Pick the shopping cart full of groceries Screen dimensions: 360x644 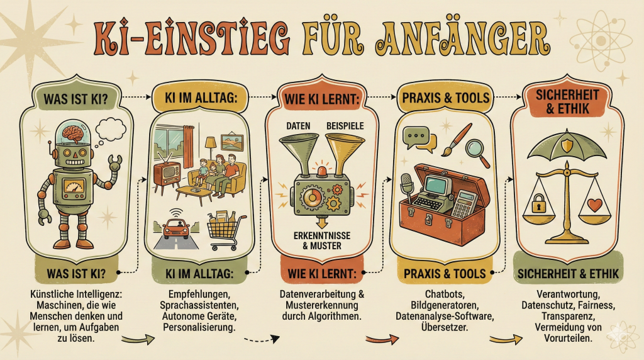tap(223, 230)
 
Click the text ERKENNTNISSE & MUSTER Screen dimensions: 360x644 tap(322, 240)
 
